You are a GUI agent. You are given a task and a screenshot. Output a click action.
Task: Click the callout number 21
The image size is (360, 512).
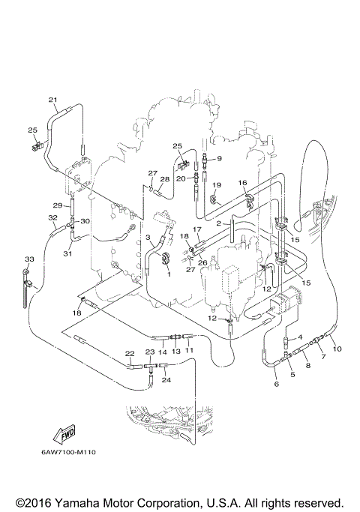tap(52, 100)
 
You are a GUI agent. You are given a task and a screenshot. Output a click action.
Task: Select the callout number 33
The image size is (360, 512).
tap(28, 259)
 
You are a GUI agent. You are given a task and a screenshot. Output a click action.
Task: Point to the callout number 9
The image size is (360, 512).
tap(219, 158)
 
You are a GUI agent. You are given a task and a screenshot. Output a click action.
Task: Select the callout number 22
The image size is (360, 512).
tap(130, 353)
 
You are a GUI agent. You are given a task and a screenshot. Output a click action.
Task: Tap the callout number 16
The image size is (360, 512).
tap(242, 183)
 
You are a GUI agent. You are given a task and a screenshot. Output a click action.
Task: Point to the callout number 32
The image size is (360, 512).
tap(52, 218)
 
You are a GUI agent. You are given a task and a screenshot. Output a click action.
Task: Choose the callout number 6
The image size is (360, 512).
tap(276, 385)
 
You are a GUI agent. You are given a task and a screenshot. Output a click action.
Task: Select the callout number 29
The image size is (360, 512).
tap(56, 205)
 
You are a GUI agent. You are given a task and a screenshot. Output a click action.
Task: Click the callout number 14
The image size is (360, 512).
tap(161, 351)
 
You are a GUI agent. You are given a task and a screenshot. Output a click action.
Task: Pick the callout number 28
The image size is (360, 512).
tap(164, 179)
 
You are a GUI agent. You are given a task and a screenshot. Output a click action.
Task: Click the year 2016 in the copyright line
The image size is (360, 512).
tap(31, 502)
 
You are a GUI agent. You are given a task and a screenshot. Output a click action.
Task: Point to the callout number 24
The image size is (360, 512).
tap(166, 380)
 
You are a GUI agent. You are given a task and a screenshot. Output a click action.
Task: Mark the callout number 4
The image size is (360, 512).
tap(300, 337)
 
